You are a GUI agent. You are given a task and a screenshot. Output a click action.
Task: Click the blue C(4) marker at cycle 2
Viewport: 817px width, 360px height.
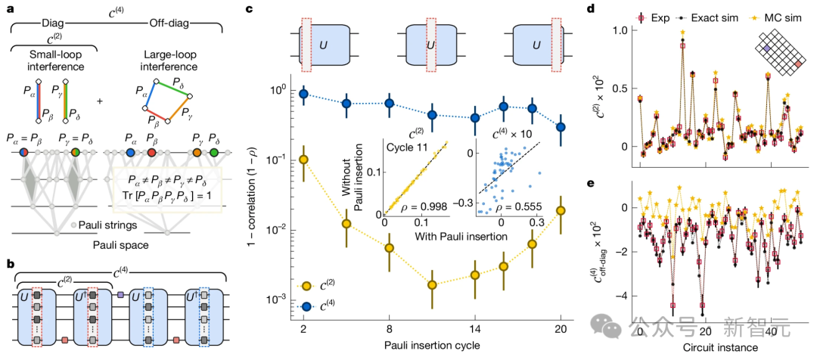(x=304, y=94)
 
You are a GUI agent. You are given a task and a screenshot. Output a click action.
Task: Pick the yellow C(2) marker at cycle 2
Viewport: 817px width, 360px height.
(x=304, y=160)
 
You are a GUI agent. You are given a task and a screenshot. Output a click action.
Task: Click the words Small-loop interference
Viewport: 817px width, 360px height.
(x=51, y=61)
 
